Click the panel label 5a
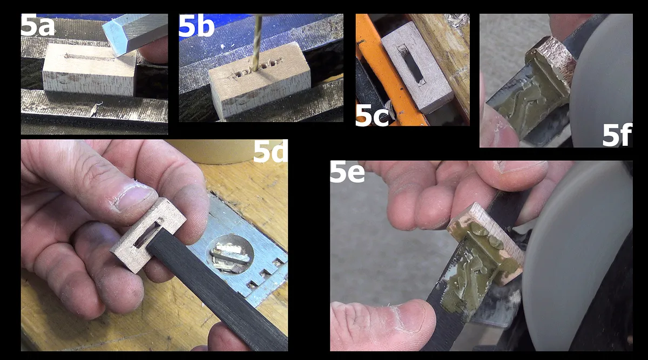38,25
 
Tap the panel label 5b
197,26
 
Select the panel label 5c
372,115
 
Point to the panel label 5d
270,152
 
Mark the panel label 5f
617,135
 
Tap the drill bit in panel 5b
256,43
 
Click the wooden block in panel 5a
90,70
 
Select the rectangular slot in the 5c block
413,66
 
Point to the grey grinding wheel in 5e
578,254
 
